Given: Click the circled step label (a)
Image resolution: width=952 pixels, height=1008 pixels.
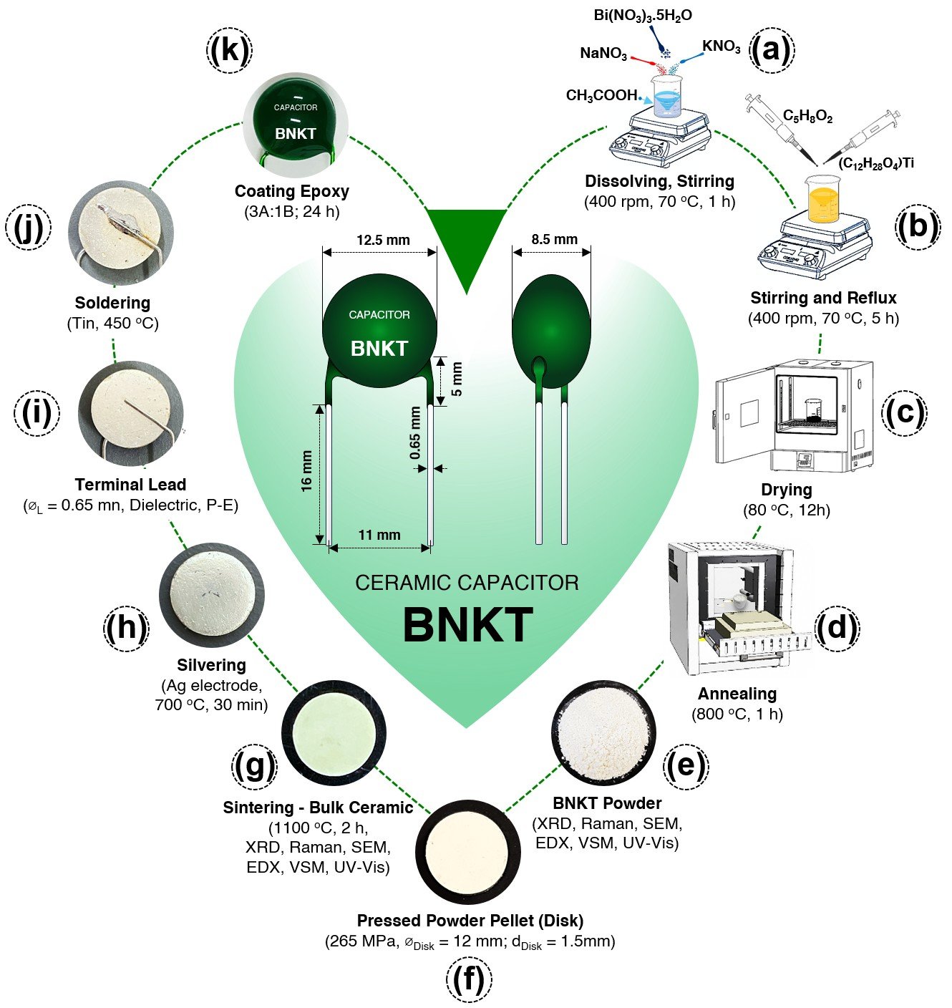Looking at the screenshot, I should coord(771,50).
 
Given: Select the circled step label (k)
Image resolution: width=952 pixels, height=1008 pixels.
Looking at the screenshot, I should coord(229,50).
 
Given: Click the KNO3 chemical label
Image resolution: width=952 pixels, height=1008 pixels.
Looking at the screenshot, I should coord(721,47).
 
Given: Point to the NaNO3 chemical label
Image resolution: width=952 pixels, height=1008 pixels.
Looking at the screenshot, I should coord(603,54).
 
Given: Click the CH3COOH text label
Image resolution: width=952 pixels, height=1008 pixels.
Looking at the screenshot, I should coord(601,95).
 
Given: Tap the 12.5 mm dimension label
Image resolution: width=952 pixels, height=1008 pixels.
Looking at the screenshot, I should coord(383,240).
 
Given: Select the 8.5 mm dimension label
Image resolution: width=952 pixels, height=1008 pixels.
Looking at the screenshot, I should coord(554,239).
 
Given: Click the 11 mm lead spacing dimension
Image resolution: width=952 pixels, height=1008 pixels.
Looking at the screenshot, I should coord(379,535).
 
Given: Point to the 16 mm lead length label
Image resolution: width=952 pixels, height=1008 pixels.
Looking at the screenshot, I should coord(306,471).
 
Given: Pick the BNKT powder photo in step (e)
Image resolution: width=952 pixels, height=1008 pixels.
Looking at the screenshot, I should coord(603,732).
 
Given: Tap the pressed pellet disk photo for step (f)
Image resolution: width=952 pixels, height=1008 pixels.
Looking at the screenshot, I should coord(468,851).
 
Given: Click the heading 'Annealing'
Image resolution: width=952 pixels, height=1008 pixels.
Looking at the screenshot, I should coord(737,694).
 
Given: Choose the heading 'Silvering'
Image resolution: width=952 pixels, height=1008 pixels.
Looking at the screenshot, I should coord(211,665).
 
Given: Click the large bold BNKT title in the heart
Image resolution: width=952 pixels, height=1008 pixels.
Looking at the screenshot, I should coord(467,625).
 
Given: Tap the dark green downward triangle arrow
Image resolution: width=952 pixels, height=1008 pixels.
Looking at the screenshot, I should coord(467,243).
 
